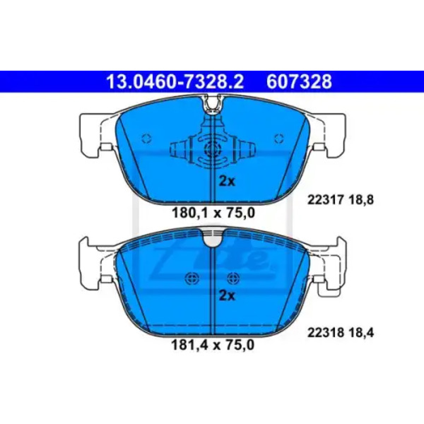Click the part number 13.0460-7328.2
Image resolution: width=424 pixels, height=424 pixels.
coord(175,82)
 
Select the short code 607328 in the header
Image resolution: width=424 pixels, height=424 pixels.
coord(299,82)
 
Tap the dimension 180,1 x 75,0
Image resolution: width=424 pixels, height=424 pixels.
coord(213,213)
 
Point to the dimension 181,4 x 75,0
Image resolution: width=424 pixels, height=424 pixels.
coord(213,345)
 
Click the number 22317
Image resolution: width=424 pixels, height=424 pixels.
coord(325,200)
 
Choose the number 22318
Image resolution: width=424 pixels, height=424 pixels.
coord(325,333)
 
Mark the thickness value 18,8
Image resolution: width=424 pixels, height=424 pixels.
coord(361,200)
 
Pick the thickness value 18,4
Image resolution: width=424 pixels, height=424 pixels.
coord(361,333)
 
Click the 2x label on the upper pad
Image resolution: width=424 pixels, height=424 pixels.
coord(227,181)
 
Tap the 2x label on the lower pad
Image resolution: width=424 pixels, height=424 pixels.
coord(227,296)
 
